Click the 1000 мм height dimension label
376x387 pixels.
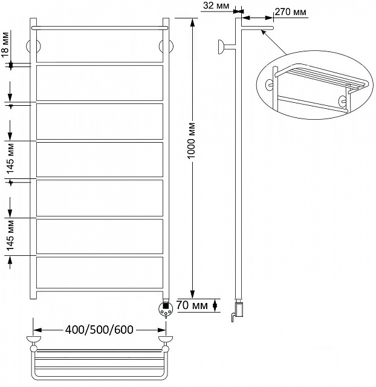click(x=192, y=141)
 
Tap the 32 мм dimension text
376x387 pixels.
click(x=216, y=5)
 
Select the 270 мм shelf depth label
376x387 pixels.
click(x=290, y=12)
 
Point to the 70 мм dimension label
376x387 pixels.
click(x=192, y=305)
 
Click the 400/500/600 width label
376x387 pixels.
click(x=99, y=330)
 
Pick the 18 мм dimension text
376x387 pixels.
click(x=5, y=45)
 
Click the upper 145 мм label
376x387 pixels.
click(x=10, y=158)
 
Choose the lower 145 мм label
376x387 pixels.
click(x=10, y=235)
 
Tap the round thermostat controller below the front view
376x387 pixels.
click(x=166, y=308)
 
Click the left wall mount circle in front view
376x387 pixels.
click(x=33, y=46)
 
